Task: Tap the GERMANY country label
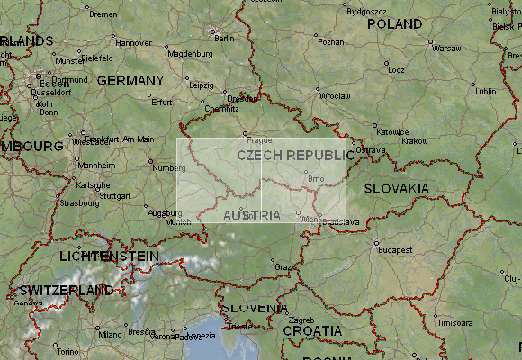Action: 130,80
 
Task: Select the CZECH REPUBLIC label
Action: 295,155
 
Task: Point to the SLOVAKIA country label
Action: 396,188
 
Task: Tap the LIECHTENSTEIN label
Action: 108,256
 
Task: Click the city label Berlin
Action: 224,38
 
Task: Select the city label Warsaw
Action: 446,48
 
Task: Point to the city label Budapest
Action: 392,249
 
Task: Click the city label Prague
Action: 258,140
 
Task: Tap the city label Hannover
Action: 134,42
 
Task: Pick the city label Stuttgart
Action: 114,195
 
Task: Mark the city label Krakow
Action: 415,140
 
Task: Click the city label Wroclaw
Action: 335,94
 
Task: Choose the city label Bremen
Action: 103,14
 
